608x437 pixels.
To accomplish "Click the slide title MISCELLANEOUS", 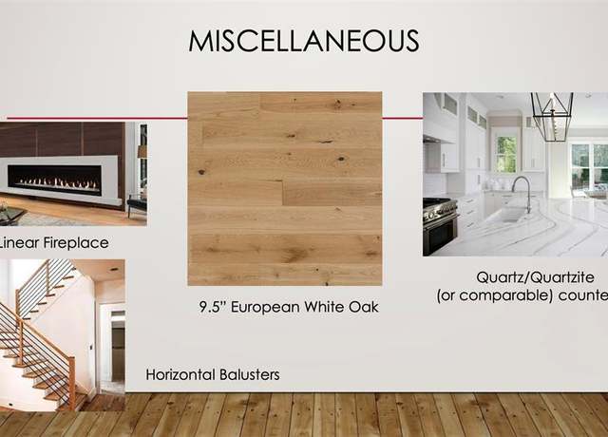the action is click(x=304, y=41).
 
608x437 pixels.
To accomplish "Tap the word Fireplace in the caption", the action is click(x=76, y=243).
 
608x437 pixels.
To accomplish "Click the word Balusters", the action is click(x=250, y=374).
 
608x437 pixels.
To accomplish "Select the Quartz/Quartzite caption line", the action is click(x=535, y=277).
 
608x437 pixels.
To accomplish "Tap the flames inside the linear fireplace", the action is click(x=55, y=181).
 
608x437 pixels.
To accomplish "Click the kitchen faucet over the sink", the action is click(x=522, y=194).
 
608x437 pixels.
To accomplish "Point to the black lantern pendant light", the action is click(x=552, y=117).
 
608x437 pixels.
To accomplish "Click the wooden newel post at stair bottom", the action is click(x=72, y=383).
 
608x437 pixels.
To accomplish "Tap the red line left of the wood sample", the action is click(x=97, y=118).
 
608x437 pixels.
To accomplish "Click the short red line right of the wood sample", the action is click(x=403, y=118).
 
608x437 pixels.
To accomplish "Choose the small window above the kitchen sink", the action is click(x=506, y=154).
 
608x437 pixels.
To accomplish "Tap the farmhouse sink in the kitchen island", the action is click(x=509, y=214).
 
